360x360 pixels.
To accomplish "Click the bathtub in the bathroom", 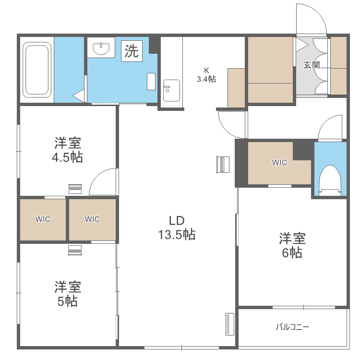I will [x=37, y=70].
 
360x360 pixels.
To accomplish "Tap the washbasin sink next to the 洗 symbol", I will [x=101, y=48].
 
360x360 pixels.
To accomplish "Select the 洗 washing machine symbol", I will [x=132, y=50].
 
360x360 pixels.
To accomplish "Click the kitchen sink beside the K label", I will [x=171, y=90].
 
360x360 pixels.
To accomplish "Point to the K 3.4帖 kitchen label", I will [x=206, y=75].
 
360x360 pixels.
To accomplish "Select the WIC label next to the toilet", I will [x=279, y=163].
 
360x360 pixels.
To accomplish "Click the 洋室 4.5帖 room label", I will [x=67, y=150].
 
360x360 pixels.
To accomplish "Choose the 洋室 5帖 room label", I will [x=67, y=294].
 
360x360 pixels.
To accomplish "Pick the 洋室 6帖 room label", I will [x=292, y=245].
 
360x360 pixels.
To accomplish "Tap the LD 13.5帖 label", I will [x=177, y=228].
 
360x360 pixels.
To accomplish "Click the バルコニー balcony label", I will [x=292, y=327].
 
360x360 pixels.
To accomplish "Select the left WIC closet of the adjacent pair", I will [x=43, y=219].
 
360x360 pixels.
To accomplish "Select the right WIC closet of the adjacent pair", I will [x=92, y=219].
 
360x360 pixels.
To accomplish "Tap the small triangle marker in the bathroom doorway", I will [x=79, y=96].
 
